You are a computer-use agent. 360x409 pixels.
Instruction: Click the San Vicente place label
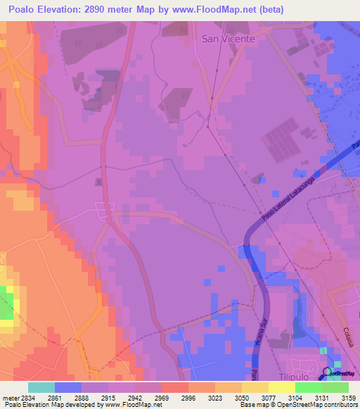click(228, 39)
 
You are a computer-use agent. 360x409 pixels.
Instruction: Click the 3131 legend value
click(320, 396)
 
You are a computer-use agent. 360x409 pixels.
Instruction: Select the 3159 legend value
click(347, 396)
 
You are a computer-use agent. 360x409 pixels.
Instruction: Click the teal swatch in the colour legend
click(41, 387)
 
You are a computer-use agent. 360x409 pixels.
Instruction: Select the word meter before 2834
click(9, 396)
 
